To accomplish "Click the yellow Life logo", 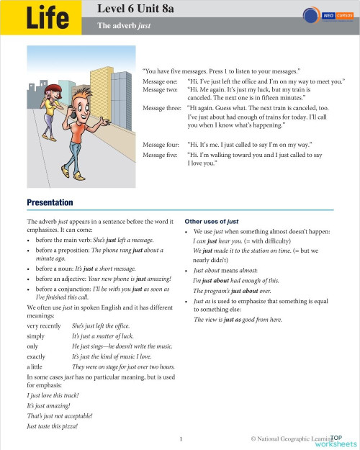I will click(48, 18).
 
